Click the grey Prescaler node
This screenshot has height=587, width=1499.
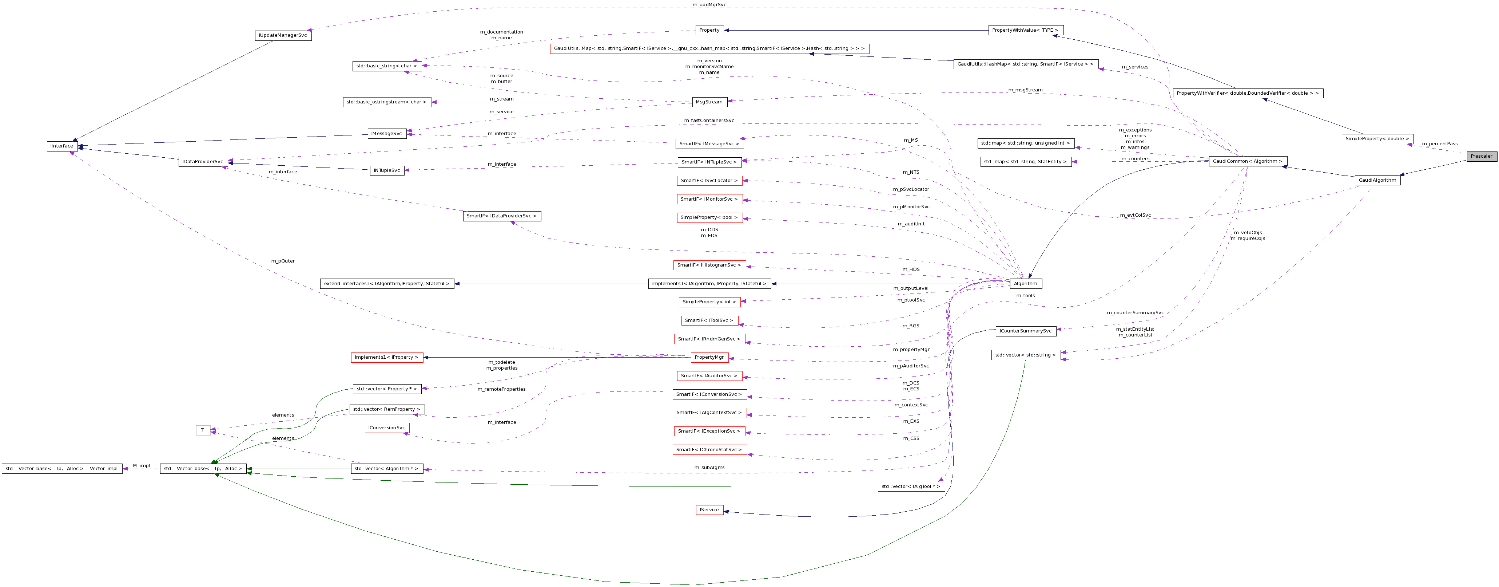tap(1481, 156)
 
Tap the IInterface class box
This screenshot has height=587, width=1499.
tap(62, 146)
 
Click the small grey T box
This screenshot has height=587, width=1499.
tap(203, 430)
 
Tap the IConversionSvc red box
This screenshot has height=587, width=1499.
tap(386, 428)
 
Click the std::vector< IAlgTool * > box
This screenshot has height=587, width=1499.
tap(911, 486)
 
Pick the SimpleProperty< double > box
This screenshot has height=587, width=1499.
tap(1377, 139)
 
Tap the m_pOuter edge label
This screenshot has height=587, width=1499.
tap(283, 261)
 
